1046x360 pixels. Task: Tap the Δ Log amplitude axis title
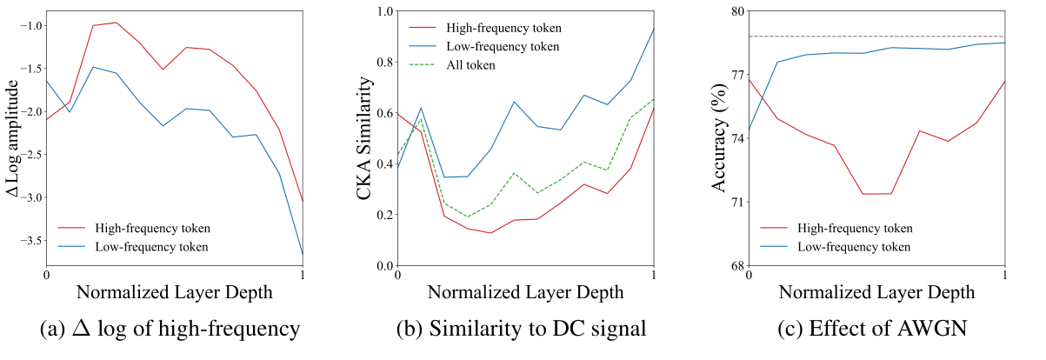(12, 137)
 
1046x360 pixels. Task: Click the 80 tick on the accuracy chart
(736, 11)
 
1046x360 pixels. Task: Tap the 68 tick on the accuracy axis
(736, 265)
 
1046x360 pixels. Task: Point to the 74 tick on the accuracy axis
(736, 138)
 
